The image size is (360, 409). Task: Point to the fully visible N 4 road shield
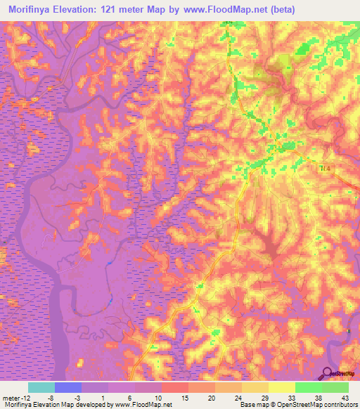[x=323, y=169]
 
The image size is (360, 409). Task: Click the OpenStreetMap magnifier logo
[x=327, y=374]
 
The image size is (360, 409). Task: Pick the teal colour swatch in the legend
[x=41, y=387]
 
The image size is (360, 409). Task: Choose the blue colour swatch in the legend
[x=68, y=387]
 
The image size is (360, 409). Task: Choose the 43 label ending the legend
[x=344, y=398]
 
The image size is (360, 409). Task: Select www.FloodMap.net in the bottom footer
[x=143, y=405]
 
